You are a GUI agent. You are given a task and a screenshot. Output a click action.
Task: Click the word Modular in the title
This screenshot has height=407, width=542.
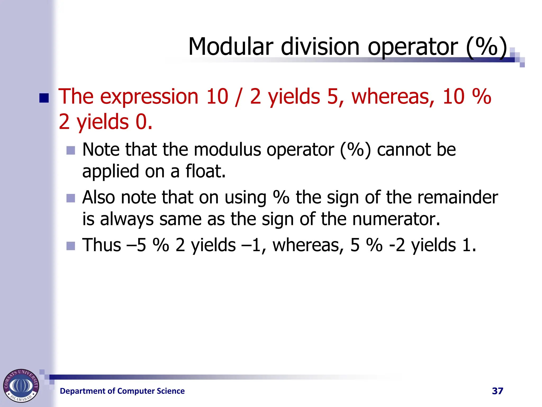pos(231,47)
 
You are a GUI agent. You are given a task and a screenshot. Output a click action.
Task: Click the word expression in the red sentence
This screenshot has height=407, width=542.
pos(149,97)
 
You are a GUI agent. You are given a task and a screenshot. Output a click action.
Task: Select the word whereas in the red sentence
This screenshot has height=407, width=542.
pos(393,96)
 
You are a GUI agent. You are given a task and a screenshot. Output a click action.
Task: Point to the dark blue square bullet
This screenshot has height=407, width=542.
pos(44,98)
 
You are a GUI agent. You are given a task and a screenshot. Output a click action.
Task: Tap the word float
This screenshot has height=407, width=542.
pos(206,171)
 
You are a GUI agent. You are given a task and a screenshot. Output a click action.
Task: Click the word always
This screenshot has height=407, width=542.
pos(127,220)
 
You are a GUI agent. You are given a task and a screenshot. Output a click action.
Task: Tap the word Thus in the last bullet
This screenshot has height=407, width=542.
pos(102,245)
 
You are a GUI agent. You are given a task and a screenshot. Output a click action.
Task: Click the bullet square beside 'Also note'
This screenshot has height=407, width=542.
pos(71,198)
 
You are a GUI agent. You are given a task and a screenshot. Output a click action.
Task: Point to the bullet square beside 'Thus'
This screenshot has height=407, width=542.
pos(71,246)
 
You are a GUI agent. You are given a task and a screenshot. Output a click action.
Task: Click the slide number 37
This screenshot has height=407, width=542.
pos(497,391)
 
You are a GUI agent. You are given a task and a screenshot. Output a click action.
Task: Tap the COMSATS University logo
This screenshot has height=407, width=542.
pos(21,386)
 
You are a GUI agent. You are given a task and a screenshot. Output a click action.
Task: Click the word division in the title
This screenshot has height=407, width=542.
pos(320,47)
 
